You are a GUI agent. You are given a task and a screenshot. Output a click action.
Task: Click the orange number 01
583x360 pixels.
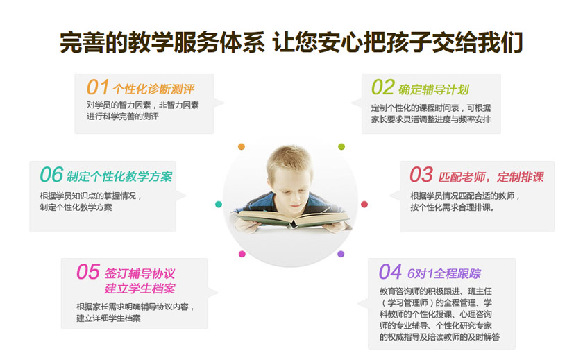click(x=98, y=87)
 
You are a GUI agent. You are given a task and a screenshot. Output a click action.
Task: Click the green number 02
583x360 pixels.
click(x=382, y=87)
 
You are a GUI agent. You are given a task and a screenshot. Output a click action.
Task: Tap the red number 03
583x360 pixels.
click(x=421, y=174)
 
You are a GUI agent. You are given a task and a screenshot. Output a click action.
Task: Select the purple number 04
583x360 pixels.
click(x=390, y=271)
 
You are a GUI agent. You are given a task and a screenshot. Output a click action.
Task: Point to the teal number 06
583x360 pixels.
click(x=51, y=174)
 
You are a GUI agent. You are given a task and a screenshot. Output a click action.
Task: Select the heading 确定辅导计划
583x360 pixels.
click(x=434, y=89)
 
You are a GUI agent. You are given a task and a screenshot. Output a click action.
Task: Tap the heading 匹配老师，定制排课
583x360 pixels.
click(x=491, y=176)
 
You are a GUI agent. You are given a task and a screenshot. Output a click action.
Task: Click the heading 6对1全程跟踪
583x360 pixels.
click(x=443, y=273)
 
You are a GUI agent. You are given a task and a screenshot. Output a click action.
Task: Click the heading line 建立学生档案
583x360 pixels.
click(x=140, y=288)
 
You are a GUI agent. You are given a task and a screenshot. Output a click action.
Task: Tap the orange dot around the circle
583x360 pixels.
click(x=242, y=146)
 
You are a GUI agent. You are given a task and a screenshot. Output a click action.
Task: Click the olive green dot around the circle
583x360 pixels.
click(x=341, y=146)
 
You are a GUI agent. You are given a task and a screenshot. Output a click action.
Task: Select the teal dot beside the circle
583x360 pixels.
click(x=219, y=204)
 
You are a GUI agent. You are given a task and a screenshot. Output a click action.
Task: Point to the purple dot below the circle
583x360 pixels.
click(x=341, y=254)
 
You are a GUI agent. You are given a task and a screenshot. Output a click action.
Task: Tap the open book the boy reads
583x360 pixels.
click(x=291, y=220)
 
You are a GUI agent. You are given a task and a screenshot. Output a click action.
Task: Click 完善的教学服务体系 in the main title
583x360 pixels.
click(x=162, y=43)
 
